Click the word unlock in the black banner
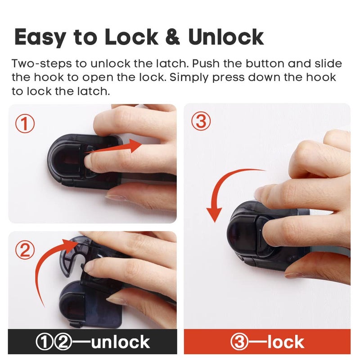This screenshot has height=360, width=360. coord(120,342)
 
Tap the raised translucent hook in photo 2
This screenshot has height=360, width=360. coord(74,256)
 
